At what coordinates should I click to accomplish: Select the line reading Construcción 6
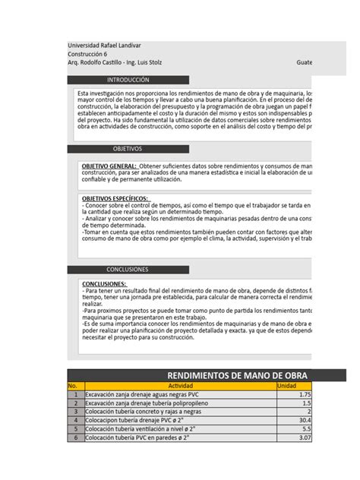tap(87, 54)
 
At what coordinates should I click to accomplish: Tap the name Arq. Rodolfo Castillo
tap(97, 63)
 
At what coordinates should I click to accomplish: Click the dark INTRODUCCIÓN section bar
tap(128, 80)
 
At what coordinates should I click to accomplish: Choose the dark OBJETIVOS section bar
tap(128, 149)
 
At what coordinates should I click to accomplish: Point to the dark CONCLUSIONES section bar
tap(128, 270)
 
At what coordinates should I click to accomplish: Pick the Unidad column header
tap(286, 386)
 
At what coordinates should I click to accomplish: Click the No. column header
tap(74, 386)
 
